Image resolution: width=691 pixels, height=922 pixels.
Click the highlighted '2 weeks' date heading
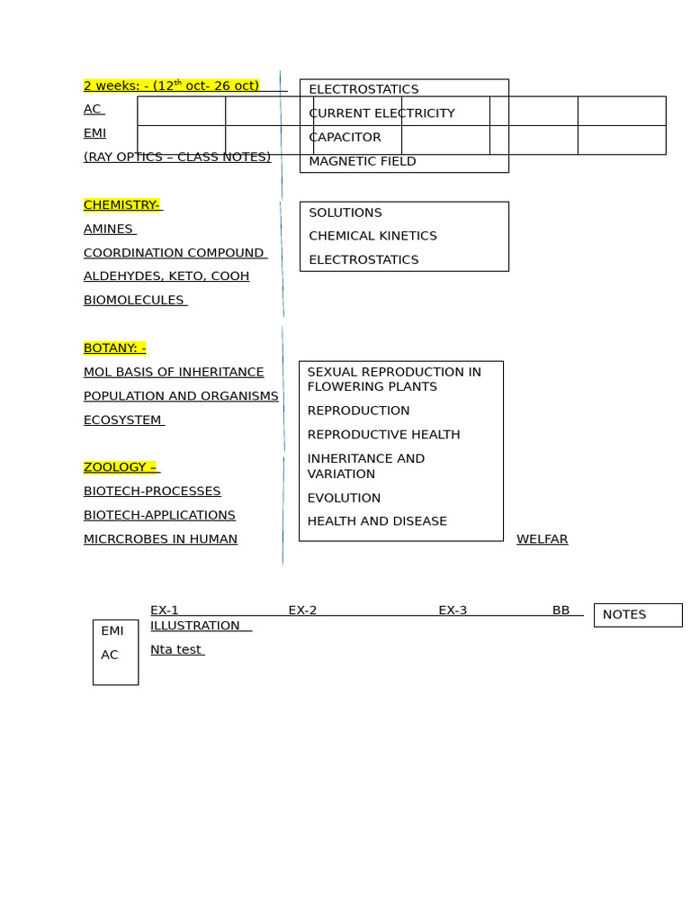[x=171, y=86]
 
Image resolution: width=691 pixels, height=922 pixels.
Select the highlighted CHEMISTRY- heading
[x=121, y=205]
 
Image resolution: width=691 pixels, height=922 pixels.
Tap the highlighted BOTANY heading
[x=114, y=348]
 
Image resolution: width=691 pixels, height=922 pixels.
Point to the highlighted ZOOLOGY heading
[x=120, y=467]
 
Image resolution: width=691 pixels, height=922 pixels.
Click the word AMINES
[x=109, y=230]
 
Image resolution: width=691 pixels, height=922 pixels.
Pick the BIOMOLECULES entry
[x=134, y=301]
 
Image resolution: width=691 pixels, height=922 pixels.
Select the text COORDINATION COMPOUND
[x=174, y=253]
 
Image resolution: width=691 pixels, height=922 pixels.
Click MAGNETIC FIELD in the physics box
[x=363, y=162]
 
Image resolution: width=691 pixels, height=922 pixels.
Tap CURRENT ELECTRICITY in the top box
[x=381, y=113]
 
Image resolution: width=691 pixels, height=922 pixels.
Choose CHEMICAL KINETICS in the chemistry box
[x=372, y=236]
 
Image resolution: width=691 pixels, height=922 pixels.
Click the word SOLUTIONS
[x=345, y=212]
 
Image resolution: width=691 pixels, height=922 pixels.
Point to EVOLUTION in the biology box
[x=344, y=498]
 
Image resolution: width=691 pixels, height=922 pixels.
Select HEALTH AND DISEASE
[x=377, y=521]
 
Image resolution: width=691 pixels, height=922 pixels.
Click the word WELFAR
[x=542, y=539]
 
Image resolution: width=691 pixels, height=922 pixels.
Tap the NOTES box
[x=637, y=615]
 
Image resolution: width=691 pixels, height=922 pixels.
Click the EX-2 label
[x=302, y=610]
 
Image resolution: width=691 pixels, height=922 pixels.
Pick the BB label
[x=561, y=610]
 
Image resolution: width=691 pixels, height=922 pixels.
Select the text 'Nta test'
[x=175, y=650]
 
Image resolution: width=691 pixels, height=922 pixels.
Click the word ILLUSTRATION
[x=195, y=626]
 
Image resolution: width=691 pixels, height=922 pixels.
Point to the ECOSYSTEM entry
[x=123, y=420]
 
